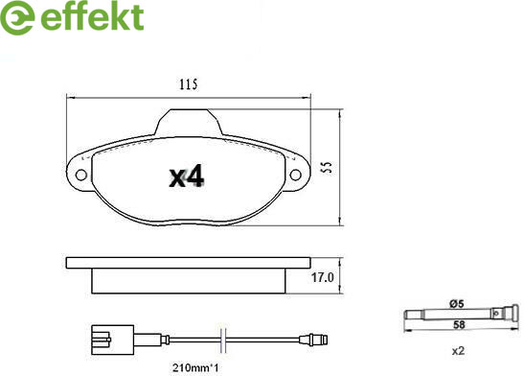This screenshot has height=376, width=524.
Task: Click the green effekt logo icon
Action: (17, 17)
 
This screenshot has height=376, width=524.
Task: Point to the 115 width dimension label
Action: (188, 84)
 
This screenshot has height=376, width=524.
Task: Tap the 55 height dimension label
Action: (328, 167)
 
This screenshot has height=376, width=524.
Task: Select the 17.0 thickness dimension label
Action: (322, 277)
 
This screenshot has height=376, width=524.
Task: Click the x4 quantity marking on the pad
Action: (187, 176)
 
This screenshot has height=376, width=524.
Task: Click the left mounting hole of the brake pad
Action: (81, 175)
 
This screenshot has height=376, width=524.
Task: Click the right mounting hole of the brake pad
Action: (295, 175)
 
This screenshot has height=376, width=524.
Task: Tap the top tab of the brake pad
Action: (189, 123)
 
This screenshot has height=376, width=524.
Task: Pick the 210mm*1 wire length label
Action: (195, 368)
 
